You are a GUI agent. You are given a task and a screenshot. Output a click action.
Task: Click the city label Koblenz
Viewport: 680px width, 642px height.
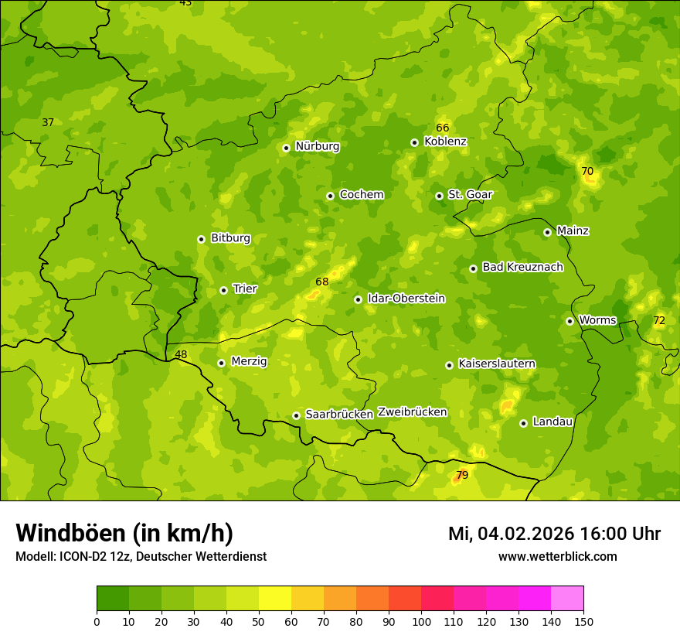tap(445, 142)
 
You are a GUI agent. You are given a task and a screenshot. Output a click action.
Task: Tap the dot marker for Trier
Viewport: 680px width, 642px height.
tap(223, 290)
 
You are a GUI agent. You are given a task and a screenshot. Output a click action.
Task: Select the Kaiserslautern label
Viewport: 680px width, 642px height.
tap(496, 364)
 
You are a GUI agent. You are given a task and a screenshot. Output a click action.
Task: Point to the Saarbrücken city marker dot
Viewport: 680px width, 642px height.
tap(296, 415)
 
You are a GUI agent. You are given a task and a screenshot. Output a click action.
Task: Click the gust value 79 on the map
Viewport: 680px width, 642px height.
tap(462, 475)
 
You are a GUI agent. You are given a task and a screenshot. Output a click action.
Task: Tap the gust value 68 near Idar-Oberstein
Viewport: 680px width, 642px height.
tap(322, 282)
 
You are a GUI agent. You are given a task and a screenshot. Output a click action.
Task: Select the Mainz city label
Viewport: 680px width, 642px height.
tap(573, 231)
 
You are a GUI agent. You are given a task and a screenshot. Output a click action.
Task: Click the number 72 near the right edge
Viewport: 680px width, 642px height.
tap(658, 320)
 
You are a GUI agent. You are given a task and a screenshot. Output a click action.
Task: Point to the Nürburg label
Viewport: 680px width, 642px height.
tap(317, 146)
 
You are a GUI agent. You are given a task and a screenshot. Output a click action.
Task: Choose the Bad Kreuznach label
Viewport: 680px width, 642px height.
tap(522, 267)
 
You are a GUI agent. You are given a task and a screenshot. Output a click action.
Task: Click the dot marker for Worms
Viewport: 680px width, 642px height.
tap(569, 321)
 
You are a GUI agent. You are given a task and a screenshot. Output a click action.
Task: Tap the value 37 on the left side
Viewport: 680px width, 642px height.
tap(48, 122)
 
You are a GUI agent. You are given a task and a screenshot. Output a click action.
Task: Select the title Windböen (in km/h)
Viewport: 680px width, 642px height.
tap(124, 533)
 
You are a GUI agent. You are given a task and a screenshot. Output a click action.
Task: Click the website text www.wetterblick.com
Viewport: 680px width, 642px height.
tap(557, 556)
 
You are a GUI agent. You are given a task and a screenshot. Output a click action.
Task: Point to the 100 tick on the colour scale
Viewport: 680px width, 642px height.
tap(421, 620)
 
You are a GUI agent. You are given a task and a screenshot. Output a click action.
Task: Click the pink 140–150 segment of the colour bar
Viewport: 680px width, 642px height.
tap(567, 599)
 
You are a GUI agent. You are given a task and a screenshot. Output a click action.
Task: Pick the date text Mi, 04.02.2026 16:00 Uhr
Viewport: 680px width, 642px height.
tap(554, 534)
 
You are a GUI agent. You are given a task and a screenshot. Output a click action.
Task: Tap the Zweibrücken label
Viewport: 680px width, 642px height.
tap(412, 411)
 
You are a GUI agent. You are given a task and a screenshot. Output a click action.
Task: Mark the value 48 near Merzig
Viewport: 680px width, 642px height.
tap(181, 354)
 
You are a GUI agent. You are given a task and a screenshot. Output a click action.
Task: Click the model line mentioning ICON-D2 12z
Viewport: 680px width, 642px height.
tap(141, 556)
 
